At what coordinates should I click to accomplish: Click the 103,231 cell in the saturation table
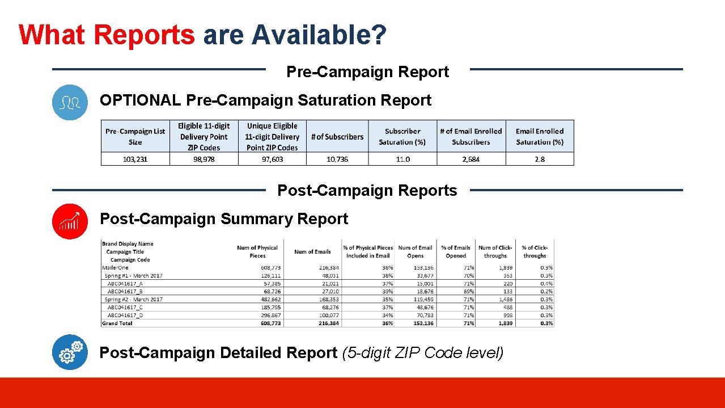(x=135, y=159)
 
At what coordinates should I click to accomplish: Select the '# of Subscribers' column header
(x=337, y=137)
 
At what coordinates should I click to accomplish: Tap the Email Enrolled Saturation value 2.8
(x=540, y=159)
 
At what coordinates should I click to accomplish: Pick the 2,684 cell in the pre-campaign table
(x=470, y=159)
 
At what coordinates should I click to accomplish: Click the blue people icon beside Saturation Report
(x=70, y=102)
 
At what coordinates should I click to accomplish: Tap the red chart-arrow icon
(x=70, y=221)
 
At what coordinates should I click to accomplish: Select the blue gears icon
(x=70, y=352)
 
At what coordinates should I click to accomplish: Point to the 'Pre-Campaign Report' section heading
(x=367, y=72)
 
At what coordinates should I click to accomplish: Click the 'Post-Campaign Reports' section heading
(x=367, y=191)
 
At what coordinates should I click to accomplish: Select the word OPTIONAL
(x=140, y=100)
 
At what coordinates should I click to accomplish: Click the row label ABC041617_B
(x=125, y=291)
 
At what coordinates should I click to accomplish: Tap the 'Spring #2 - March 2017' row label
(x=134, y=299)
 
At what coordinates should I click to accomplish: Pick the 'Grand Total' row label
(x=117, y=323)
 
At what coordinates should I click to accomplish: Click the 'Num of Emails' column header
(x=312, y=251)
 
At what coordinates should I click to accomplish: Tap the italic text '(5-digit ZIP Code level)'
(x=422, y=353)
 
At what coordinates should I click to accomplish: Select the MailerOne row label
(x=115, y=267)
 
